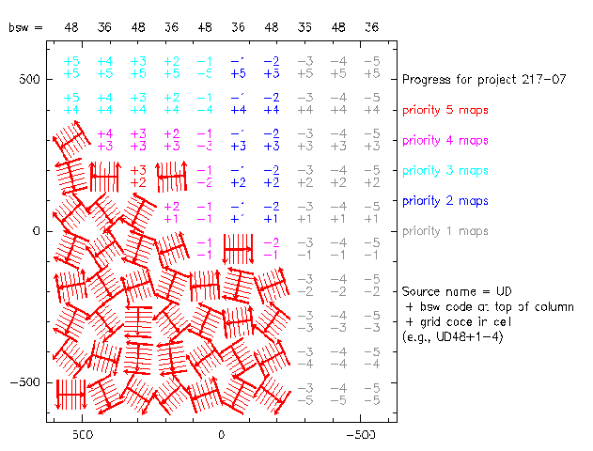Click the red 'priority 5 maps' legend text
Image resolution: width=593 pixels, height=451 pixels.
click(445, 111)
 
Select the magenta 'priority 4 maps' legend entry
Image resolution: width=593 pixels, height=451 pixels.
click(445, 141)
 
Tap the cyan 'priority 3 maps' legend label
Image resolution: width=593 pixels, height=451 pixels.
click(445, 171)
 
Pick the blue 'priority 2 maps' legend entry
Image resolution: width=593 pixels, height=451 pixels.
click(445, 201)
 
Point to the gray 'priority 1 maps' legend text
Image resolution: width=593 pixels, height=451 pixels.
click(445, 231)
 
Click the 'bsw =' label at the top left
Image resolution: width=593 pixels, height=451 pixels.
click(25, 27)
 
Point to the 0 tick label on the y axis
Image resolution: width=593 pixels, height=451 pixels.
click(37, 231)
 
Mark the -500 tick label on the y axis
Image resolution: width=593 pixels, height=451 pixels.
click(22, 382)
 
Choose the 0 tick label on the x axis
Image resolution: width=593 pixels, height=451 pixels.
click(221, 437)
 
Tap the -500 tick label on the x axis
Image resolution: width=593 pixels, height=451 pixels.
click(359, 437)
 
